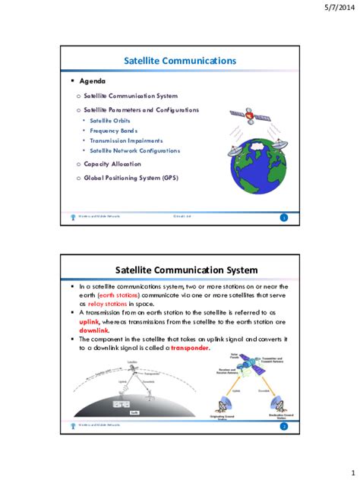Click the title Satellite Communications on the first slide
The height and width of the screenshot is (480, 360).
pos(180,60)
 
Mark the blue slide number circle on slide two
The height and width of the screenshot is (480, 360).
pos(284,427)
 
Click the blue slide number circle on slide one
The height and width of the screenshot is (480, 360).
pos(284,218)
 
